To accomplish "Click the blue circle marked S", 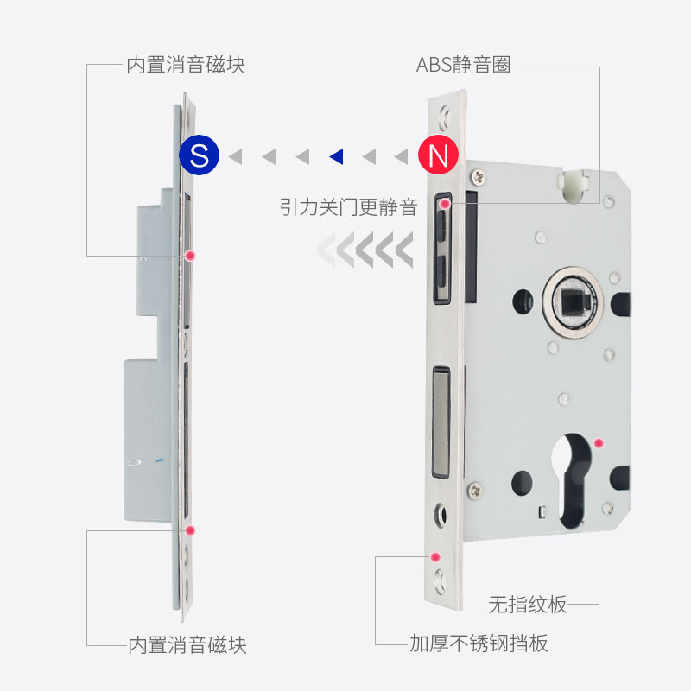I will [200, 155].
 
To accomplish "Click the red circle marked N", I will [439, 155].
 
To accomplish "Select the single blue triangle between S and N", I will [337, 156].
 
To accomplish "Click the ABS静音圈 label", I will [463, 65].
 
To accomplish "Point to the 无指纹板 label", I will [528, 604].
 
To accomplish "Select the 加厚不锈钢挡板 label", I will [479, 643].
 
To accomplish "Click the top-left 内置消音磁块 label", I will [186, 65].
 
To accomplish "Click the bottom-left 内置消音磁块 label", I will [187, 644].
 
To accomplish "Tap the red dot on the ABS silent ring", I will [445, 204].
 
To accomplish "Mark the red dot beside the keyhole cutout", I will [599, 442].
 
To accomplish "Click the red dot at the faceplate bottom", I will [435, 557].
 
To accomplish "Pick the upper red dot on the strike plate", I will [191, 256].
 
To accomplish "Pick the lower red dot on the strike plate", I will [191, 529].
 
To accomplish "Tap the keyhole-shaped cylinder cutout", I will [574, 479].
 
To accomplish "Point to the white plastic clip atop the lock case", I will [571, 181].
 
